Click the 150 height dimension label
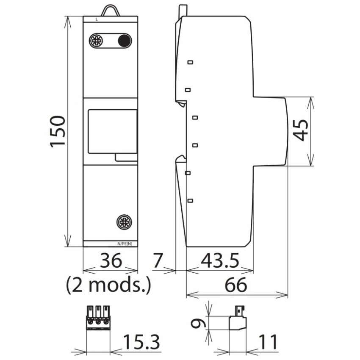(58, 132)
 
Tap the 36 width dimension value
(111, 260)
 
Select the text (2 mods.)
(108, 285)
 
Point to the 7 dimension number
(158, 260)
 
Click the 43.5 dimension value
(220, 260)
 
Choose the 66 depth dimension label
(236, 285)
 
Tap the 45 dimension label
(301, 130)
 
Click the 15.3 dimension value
(141, 342)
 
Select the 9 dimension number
(198, 324)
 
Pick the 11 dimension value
(268, 342)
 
